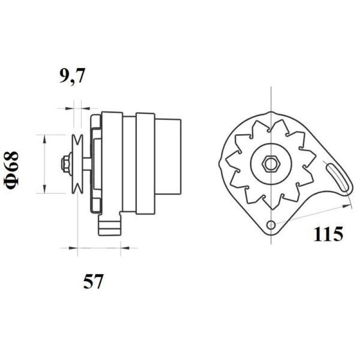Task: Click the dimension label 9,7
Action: coord(71,77)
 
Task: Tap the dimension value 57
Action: coord(93,282)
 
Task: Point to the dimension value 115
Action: coord(328,234)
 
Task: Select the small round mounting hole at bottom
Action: coord(270,225)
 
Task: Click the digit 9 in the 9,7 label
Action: coord(64,76)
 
